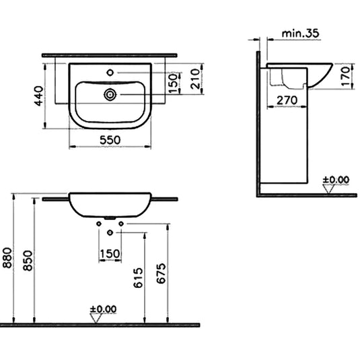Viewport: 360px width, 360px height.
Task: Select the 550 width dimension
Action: [110, 139]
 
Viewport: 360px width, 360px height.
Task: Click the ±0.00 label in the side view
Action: [336, 180]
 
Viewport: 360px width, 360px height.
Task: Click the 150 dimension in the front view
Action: [110, 254]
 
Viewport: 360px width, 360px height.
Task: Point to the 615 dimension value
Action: [137, 277]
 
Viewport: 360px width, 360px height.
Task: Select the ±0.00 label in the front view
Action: [103, 310]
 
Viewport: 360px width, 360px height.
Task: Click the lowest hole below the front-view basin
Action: [110, 233]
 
